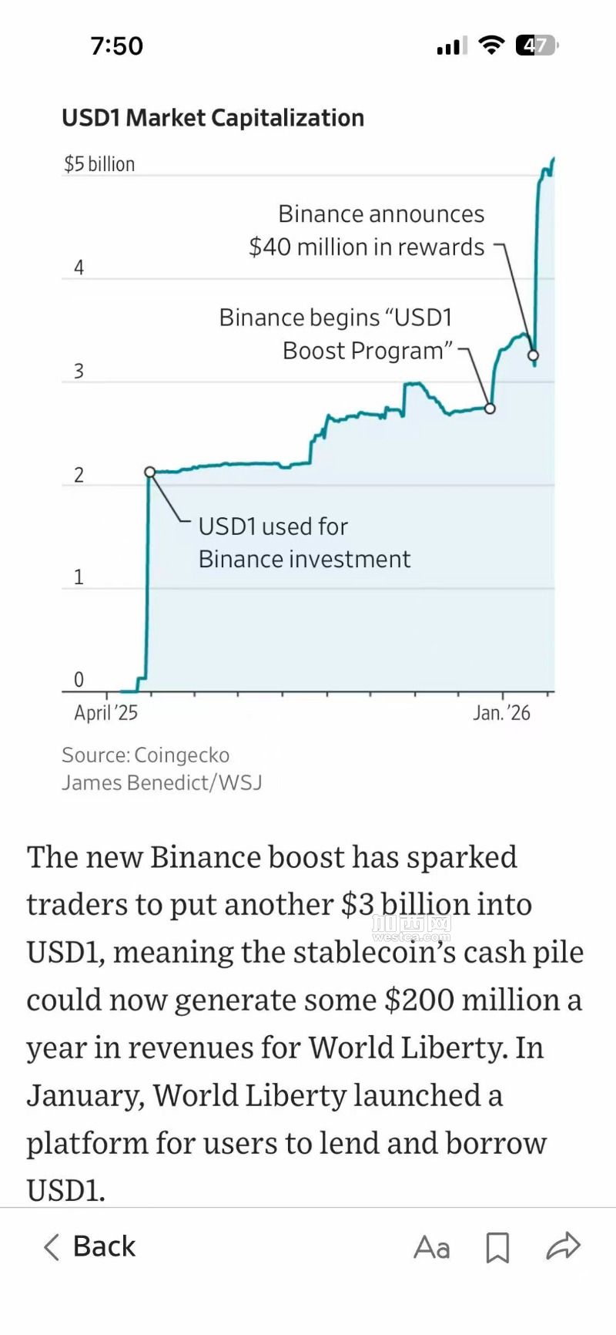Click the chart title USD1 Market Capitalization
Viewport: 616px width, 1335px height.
(x=213, y=118)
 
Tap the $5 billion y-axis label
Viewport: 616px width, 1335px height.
(x=99, y=164)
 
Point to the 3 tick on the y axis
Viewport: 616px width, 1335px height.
(x=79, y=371)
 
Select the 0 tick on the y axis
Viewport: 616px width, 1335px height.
(x=79, y=679)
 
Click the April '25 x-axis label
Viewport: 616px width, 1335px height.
(x=105, y=712)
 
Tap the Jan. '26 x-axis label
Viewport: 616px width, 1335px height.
(x=501, y=712)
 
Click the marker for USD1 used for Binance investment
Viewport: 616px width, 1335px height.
(x=150, y=472)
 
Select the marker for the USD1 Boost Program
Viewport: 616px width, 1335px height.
(x=490, y=409)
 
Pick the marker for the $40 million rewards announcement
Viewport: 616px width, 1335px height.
(x=533, y=355)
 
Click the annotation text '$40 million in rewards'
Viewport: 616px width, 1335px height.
(x=367, y=247)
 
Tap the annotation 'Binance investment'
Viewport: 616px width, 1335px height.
(x=304, y=559)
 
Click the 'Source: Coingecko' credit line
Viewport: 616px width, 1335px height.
(x=146, y=755)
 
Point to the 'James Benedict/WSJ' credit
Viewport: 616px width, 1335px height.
(x=162, y=782)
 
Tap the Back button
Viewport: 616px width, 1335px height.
(x=89, y=1246)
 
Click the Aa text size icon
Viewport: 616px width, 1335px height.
(x=431, y=1247)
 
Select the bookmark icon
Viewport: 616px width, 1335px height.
(x=497, y=1247)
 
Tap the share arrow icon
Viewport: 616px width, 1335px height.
(x=563, y=1246)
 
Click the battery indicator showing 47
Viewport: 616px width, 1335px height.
(x=536, y=45)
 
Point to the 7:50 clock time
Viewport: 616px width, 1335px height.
(x=116, y=45)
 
